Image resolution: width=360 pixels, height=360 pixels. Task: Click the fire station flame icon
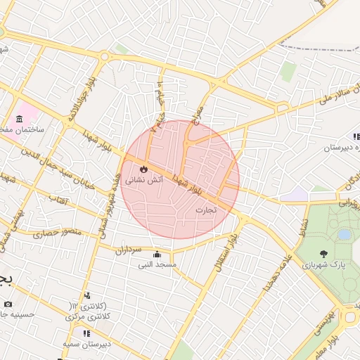[x=144, y=169]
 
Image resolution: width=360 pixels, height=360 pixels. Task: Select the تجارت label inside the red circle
[x=205, y=209]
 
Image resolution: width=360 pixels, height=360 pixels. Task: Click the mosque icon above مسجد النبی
[x=156, y=255]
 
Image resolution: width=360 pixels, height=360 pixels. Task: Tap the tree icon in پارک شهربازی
[x=323, y=255]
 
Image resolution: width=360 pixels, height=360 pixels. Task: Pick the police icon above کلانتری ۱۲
[x=87, y=296]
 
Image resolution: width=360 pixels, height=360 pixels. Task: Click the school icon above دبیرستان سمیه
[x=87, y=333]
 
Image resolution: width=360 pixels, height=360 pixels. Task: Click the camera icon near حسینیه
[x=8, y=304]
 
